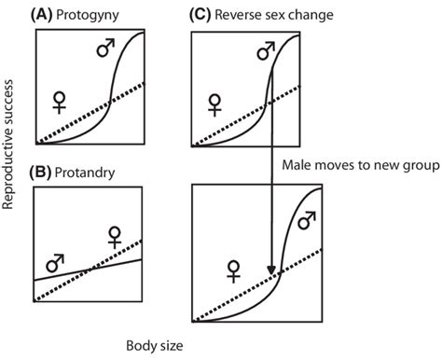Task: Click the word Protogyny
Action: click(92, 16)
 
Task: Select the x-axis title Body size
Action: click(155, 346)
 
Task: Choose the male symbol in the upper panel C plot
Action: click(268, 50)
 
